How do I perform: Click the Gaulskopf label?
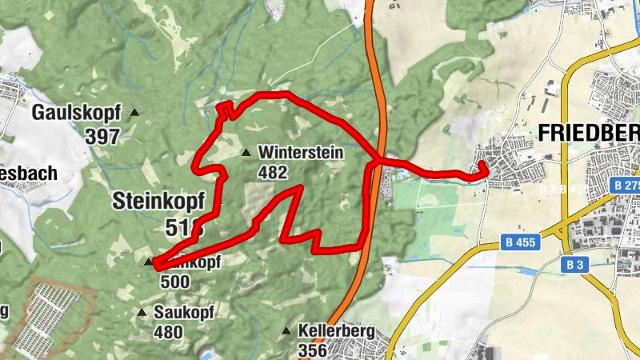tap(76, 113)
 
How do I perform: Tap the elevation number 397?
tap(102, 136)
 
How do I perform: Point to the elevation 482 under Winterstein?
tap(273, 171)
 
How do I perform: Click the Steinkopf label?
tap(158, 200)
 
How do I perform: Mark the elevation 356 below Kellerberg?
tap(311, 350)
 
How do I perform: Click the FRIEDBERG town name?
tap(589, 133)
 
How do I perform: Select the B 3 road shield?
tap(574, 264)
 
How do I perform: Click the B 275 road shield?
tap(626, 186)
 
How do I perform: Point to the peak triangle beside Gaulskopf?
tap(134, 113)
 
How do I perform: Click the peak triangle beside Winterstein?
tap(246, 152)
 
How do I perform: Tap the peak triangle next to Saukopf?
tap(142, 312)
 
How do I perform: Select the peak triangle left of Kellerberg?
tap(286, 330)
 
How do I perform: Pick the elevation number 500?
tap(174, 282)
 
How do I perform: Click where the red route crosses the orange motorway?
tap(376, 161)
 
